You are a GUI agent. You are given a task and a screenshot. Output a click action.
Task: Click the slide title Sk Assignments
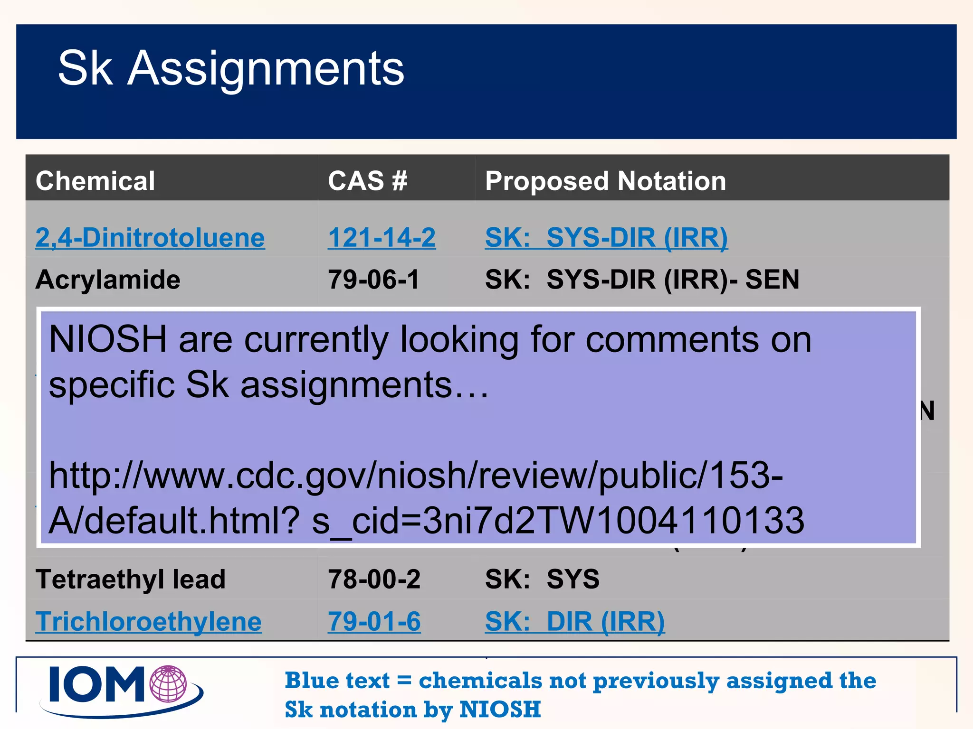[x=231, y=69]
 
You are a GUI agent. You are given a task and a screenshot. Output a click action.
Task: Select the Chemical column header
[x=95, y=181]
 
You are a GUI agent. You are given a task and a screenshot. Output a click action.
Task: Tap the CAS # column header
[x=367, y=181]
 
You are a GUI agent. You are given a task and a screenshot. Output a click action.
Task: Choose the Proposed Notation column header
[x=605, y=181]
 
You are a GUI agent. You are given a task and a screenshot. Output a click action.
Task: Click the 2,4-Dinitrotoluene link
[x=150, y=237]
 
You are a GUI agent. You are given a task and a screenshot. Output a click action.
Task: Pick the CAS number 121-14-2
[x=382, y=237]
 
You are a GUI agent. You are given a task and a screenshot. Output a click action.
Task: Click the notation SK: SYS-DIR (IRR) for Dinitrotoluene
[x=606, y=237]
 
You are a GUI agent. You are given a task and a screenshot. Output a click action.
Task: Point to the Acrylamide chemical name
[x=108, y=279]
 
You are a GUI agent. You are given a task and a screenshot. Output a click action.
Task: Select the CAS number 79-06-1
[x=373, y=279]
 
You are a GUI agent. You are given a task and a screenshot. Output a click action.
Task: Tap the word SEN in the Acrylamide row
[x=772, y=279]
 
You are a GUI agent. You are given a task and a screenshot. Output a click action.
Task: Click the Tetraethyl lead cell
[x=130, y=579]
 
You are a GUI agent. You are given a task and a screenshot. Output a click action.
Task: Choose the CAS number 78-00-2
[x=374, y=579]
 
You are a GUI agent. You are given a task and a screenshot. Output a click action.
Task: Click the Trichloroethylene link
[x=148, y=621]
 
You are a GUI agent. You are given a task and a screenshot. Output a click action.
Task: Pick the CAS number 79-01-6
[x=374, y=621]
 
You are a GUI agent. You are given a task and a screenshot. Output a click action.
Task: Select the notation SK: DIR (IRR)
[x=575, y=621]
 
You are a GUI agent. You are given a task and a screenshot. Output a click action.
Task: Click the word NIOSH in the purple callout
[x=108, y=339]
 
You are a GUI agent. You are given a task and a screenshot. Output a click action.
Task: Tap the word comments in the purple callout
[x=672, y=339]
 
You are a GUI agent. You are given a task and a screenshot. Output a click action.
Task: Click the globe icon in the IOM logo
[x=168, y=684]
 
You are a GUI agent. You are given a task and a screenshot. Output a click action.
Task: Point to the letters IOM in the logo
[x=97, y=684]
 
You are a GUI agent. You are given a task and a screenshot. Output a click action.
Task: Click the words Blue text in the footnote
[x=337, y=681]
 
